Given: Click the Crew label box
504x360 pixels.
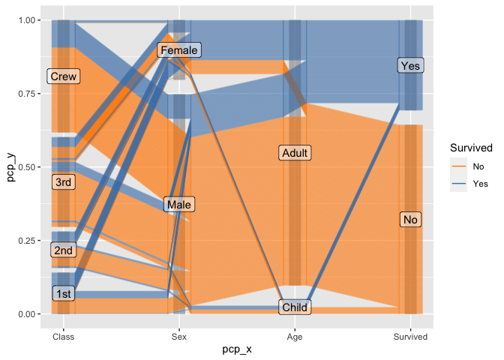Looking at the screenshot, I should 64,76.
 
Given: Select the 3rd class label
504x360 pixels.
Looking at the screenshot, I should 64,182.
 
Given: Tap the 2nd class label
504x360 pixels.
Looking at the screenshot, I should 64,250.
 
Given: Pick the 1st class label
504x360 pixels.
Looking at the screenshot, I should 64,294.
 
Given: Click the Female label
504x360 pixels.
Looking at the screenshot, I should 178,50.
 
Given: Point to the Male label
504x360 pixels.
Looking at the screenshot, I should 178,205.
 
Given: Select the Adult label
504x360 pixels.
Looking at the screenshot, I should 295,153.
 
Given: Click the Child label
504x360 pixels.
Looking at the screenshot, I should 295,307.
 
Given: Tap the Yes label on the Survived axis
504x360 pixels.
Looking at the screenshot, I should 410,66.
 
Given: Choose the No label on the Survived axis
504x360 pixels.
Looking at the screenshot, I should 410,220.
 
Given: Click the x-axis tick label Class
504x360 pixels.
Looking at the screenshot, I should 64,337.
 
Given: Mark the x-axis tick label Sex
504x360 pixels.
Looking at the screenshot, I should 178,337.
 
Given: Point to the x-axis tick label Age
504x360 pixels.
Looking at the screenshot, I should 295,337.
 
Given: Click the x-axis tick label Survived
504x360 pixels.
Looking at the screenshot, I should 410,337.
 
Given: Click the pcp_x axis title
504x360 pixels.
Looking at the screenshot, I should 237,350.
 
